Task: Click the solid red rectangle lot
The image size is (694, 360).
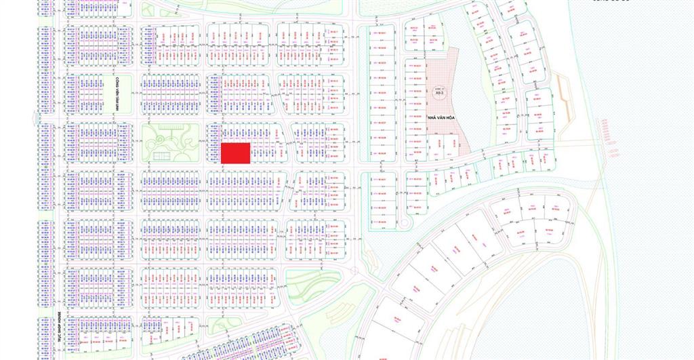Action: point(236,153)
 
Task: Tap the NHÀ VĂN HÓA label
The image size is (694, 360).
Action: point(440,118)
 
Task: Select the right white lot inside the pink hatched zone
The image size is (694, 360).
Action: point(457,143)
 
